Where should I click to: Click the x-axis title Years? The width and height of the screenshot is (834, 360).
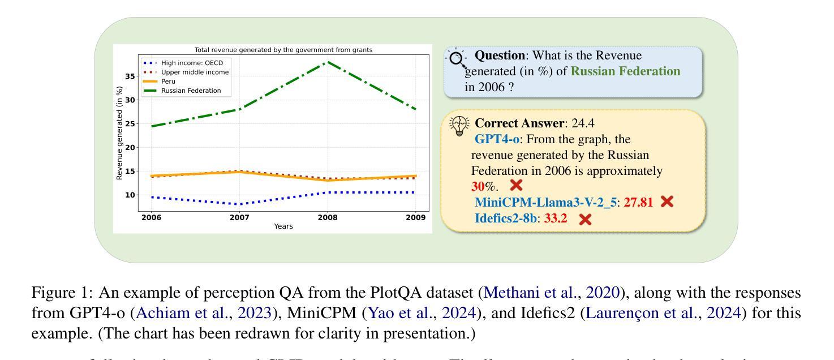pos(283,226)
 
